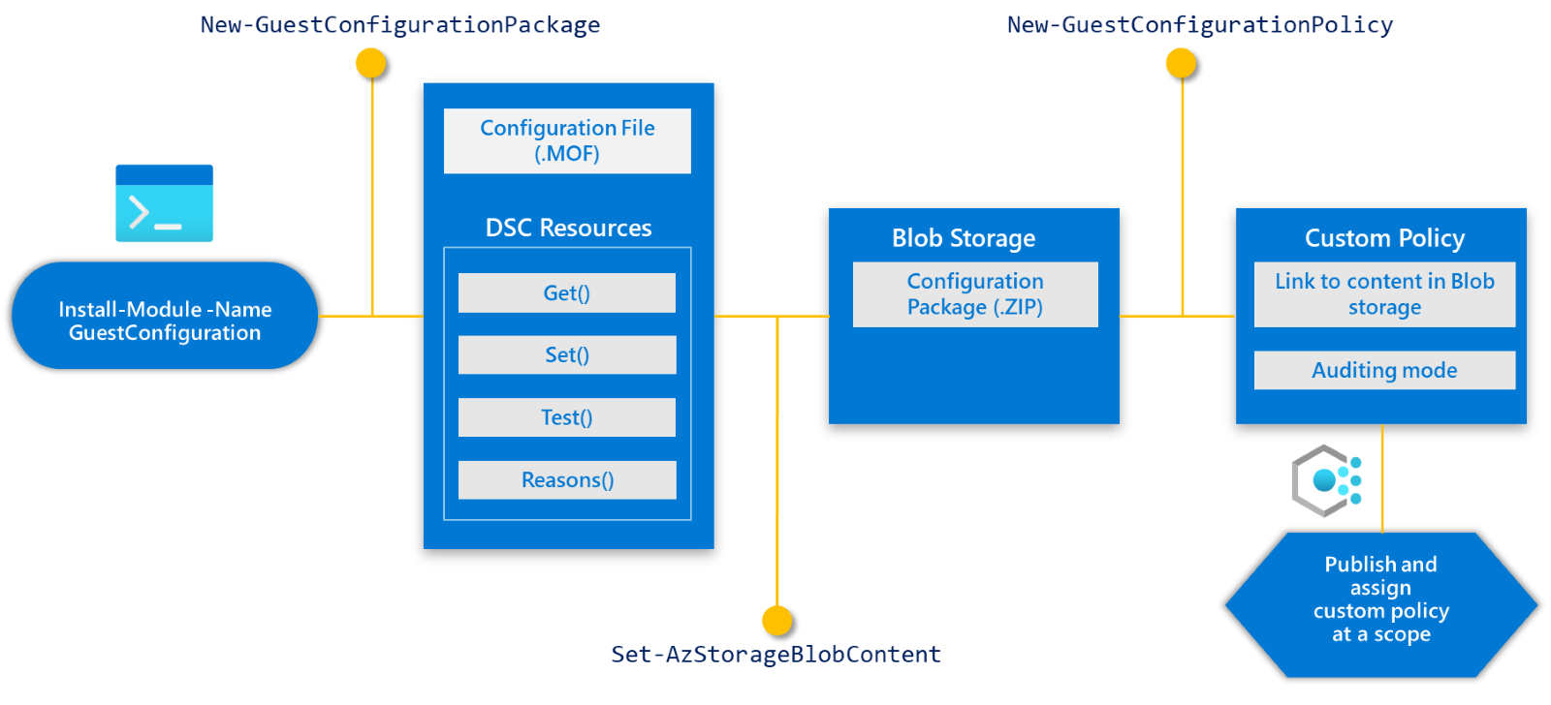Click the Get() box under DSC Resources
(567, 292)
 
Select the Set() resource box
(567, 354)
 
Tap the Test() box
(567, 417)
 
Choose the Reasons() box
(567, 479)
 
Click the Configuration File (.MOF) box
(567, 140)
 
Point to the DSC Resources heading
(568, 228)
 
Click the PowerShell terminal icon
(165, 203)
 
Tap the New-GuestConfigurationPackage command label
(399, 24)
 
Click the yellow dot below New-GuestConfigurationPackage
(370, 63)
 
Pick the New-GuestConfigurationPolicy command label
(1199, 24)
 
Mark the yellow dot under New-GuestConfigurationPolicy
(1180, 63)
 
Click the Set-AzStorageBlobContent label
(775, 654)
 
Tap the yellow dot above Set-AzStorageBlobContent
(776, 620)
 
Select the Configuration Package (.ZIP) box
(975, 294)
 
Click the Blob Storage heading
(964, 238)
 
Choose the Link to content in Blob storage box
(1384, 294)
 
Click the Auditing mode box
(1384, 370)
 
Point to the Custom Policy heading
(1384, 238)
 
